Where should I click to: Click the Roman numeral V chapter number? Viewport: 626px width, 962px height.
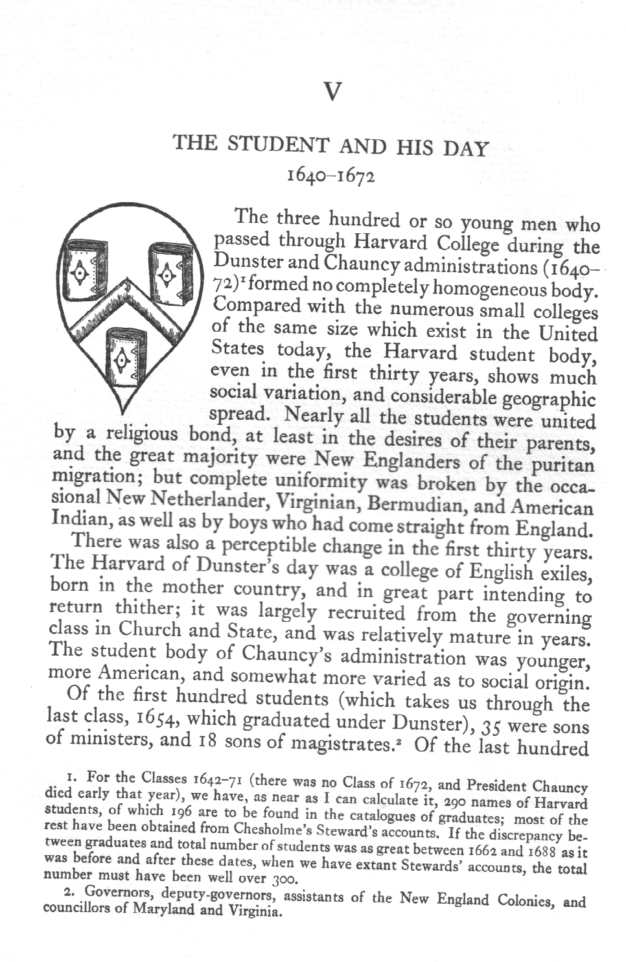click(x=331, y=92)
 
